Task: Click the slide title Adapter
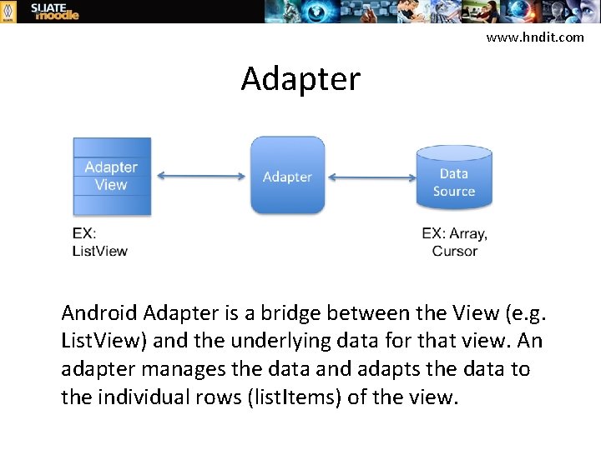pyautogui.click(x=300, y=79)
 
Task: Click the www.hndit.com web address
pyautogui.click(x=535, y=37)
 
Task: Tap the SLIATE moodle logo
pyautogui.click(x=55, y=11)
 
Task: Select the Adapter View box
pyautogui.click(x=112, y=176)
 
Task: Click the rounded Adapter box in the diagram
pyautogui.click(x=287, y=176)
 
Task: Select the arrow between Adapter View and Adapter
pyautogui.click(x=200, y=176)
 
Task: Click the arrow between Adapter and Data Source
pyautogui.click(x=371, y=177)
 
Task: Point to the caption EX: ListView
pyautogui.click(x=99, y=242)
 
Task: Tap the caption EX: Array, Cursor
pyautogui.click(x=454, y=242)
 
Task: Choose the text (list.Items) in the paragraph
pyautogui.click(x=295, y=396)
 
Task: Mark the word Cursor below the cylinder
pyautogui.click(x=454, y=250)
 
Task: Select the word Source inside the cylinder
pyautogui.click(x=453, y=191)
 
